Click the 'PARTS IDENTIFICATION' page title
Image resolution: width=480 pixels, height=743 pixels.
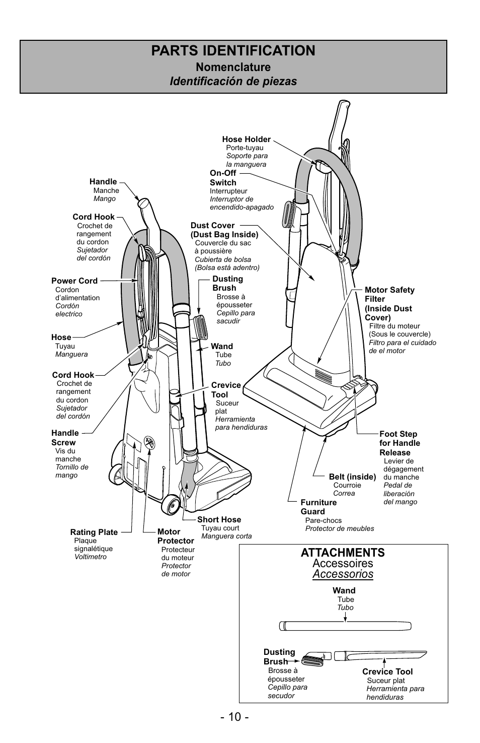(233, 51)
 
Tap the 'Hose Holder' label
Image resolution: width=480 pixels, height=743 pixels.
(246, 140)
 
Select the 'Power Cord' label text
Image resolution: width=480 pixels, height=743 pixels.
(74, 281)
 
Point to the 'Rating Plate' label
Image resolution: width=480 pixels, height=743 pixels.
(94, 532)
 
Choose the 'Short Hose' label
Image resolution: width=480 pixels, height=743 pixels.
(219, 519)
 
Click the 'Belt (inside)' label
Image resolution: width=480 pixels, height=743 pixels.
(352, 477)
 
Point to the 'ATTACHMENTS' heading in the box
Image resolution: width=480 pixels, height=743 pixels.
(343, 553)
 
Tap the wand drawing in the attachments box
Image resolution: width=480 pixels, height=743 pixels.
(346, 627)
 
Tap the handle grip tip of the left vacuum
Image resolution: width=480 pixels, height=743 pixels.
(143, 204)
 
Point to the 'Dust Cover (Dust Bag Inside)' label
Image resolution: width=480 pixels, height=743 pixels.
(224, 230)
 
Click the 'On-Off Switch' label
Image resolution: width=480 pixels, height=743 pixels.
(223, 178)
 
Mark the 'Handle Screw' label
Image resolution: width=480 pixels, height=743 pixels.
(65, 437)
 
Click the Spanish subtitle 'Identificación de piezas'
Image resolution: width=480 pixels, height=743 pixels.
(233, 81)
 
